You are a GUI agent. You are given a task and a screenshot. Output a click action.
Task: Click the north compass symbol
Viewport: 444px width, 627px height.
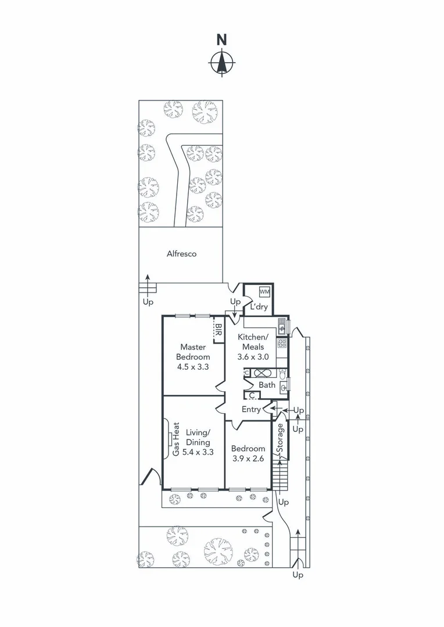tap(221, 62)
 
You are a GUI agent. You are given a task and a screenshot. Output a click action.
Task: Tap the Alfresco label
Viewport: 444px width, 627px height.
tap(181, 254)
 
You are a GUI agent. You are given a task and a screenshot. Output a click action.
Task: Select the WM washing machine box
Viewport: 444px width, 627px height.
tap(264, 291)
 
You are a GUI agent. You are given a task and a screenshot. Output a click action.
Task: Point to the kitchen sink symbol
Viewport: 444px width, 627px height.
tap(282, 327)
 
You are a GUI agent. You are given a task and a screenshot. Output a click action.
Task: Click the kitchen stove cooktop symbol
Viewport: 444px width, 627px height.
tap(282, 344)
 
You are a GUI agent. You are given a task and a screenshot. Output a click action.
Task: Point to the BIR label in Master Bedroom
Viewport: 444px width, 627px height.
tap(219, 330)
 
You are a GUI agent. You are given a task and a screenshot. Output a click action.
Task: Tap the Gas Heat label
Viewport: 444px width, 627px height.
tap(176, 438)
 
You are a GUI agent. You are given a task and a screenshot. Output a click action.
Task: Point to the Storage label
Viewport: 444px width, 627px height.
tap(280, 439)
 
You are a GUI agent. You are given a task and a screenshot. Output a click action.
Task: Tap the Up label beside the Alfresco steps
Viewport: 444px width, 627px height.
tap(148, 302)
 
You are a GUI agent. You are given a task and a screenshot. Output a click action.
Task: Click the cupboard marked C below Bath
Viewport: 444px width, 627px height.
tap(251, 396)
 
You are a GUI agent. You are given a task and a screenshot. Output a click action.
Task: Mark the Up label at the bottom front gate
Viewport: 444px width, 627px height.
tap(298, 575)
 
